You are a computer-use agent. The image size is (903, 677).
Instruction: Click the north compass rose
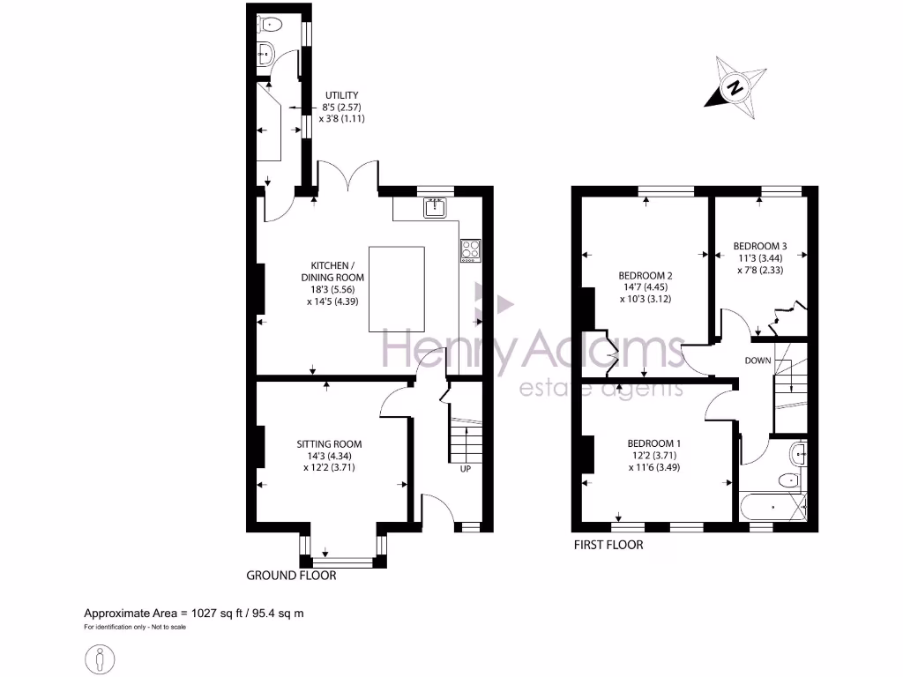point(735,87)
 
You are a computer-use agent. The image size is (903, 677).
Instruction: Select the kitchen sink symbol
point(436,208)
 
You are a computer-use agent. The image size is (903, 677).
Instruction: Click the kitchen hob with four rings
point(471,250)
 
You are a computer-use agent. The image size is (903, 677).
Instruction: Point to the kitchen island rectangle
point(397,288)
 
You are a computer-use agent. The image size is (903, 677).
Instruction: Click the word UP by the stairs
point(465,469)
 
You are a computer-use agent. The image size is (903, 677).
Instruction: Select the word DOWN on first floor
point(757,361)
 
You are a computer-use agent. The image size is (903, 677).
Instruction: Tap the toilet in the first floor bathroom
point(787,481)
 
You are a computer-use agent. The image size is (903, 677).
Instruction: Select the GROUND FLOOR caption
point(291,576)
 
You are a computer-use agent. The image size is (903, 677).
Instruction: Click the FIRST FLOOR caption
point(608,545)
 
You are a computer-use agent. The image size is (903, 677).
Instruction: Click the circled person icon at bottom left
point(98,658)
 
